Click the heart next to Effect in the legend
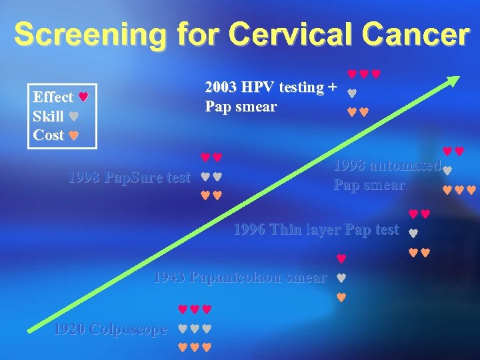coord(83,97)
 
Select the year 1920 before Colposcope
coord(68,329)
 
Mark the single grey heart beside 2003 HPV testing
coord(352,94)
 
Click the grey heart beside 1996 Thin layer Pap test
coord(413,234)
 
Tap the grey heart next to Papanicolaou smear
coord(340,277)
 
